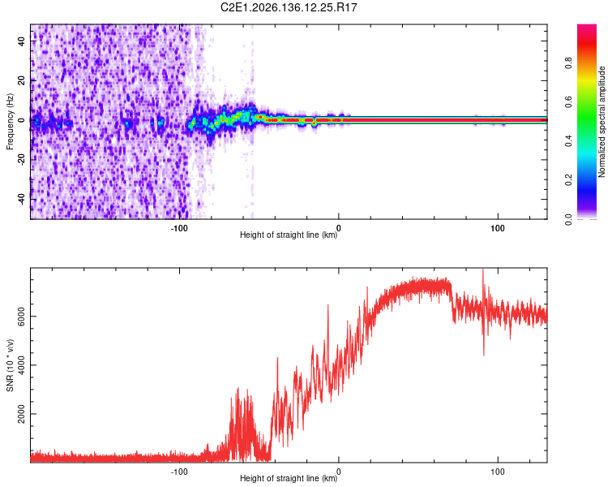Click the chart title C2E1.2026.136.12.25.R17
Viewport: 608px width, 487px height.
point(289,7)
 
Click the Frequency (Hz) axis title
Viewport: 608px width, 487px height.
point(10,122)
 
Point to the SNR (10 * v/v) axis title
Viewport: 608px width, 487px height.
point(10,365)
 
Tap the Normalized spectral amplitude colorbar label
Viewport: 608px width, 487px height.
point(602,122)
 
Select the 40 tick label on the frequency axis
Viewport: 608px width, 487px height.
point(21,41)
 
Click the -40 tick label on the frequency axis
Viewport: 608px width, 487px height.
point(21,198)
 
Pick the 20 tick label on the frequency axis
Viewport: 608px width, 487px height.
point(21,81)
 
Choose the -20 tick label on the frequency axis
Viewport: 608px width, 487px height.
point(21,158)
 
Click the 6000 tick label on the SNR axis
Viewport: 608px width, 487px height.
point(21,317)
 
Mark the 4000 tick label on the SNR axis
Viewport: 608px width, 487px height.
point(21,365)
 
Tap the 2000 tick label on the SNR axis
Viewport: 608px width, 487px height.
point(21,414)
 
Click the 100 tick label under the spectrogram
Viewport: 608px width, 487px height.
point(498,228)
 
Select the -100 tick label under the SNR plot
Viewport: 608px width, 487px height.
point(179,472)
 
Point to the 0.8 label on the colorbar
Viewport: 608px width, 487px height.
point(568,63)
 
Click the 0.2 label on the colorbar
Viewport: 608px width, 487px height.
point(568,180)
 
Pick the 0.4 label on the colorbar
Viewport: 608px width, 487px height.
point(568,141)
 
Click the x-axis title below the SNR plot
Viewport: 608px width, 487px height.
point(289,478)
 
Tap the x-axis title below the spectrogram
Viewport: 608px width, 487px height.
point(289,235)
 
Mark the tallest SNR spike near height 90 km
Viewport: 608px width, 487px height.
point(483,272)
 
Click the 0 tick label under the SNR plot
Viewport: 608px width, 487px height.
point(339,472)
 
